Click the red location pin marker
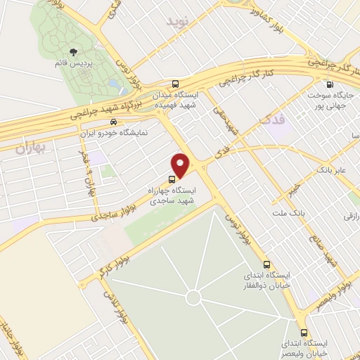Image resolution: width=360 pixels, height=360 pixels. point(181,166)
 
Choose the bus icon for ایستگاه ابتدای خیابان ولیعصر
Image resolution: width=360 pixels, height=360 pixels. point(304,333)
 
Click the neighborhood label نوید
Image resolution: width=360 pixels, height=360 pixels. point(178,23)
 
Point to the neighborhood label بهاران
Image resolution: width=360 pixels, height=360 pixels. point(29,148)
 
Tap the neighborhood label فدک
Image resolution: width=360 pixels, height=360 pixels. point(274,120)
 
